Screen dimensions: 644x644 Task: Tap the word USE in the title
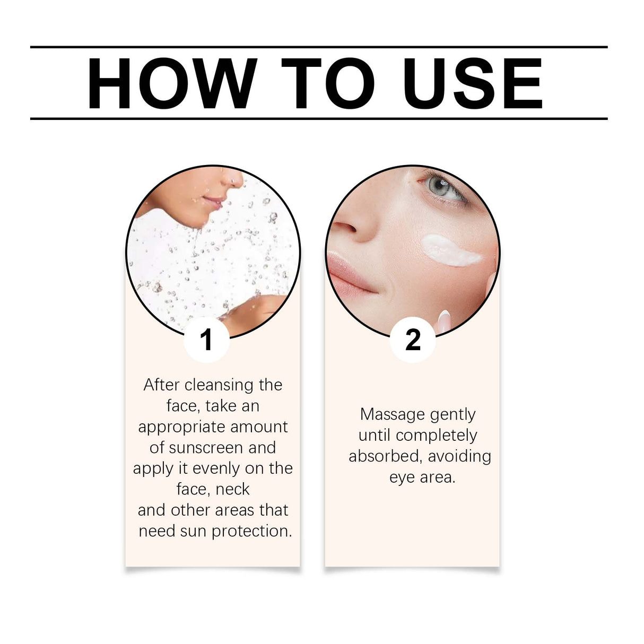(473, 84)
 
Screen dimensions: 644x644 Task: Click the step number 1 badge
(207, 340)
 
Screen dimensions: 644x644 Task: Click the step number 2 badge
(413, 340)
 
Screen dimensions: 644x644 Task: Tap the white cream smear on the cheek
(451, 251)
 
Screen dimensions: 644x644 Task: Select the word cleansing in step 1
(219, 385)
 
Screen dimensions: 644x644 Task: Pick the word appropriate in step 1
(176, 427)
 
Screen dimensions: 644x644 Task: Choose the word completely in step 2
(436, 436)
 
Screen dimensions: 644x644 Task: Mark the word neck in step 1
(233, 489)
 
